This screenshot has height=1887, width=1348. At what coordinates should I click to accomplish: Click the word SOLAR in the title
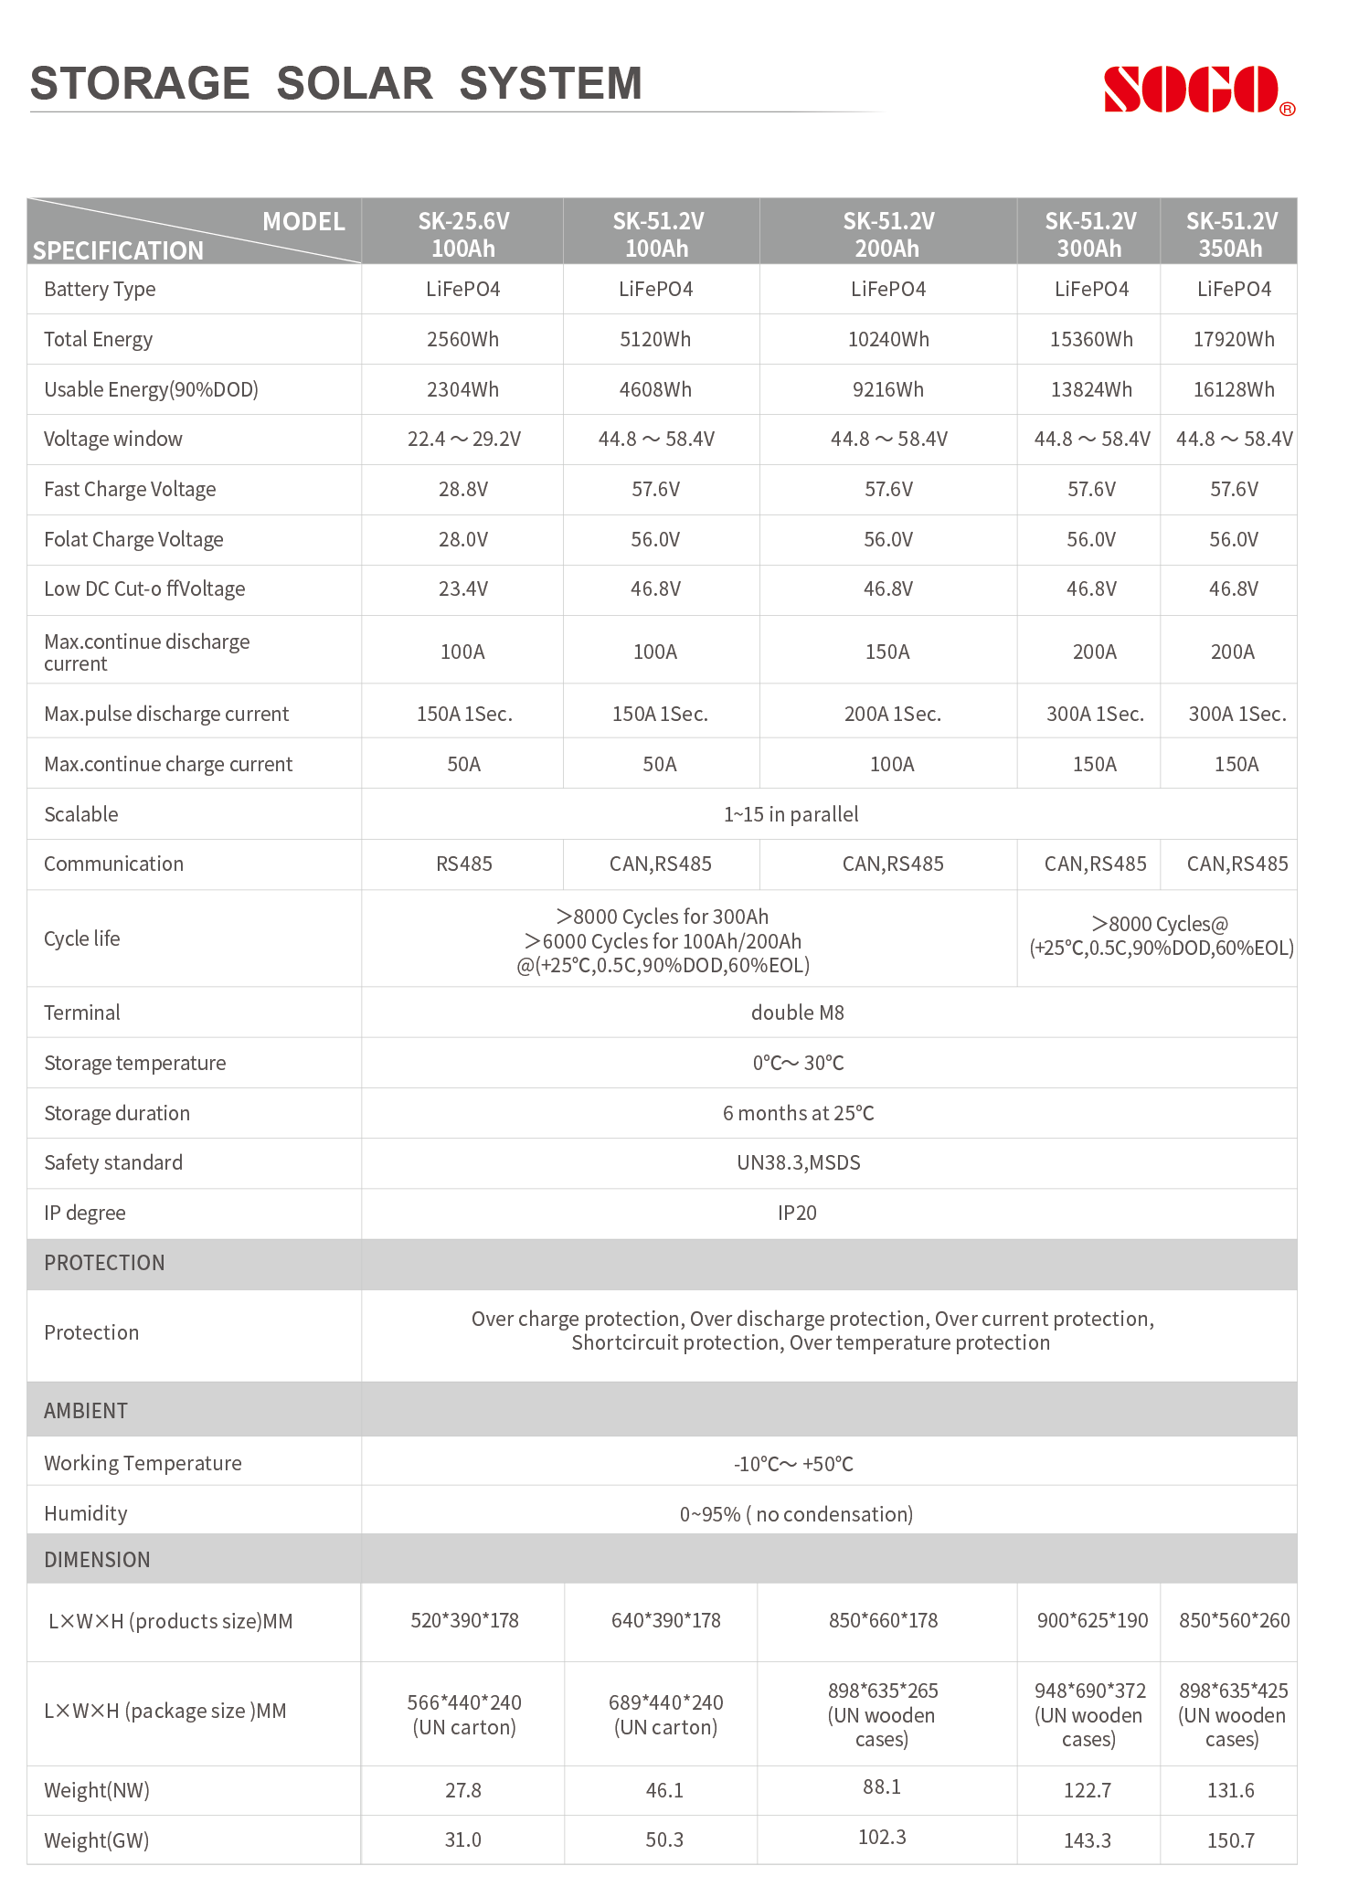tap(355, 84)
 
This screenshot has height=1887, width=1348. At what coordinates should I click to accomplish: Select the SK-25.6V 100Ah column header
tap(463, 234)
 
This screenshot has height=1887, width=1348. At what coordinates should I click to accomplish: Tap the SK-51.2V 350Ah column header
tap(1231, 234)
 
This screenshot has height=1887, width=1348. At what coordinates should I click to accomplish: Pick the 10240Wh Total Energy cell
tap(888, 340)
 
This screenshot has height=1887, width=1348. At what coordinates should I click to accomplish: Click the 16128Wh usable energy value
tap(1234, 390)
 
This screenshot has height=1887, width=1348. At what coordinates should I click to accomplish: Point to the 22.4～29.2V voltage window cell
tap(464, 440)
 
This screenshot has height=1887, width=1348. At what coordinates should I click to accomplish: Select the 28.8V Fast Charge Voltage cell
tap(463, 490)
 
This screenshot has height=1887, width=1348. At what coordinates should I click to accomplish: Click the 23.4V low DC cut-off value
tap(463, 589)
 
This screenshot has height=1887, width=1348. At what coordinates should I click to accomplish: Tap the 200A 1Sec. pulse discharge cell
tap(892, 715)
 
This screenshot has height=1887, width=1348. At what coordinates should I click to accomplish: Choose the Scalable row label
tap(81, 815)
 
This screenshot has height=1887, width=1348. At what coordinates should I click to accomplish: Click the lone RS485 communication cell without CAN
tap(464, 864)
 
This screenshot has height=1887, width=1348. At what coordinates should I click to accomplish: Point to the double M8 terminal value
tap(797, 1013)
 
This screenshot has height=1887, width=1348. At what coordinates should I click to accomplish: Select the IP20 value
tap(797, 1214)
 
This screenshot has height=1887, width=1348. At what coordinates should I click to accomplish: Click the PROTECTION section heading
tap(105, 1264)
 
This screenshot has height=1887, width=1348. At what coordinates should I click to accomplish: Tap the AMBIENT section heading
tap(86, 1412)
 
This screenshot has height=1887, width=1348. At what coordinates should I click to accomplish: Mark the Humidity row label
tap(86, 1514)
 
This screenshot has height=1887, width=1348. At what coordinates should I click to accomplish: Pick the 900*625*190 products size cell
tap(1092, 1621)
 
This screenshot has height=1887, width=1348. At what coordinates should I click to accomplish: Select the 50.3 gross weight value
tap(664, 1840)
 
